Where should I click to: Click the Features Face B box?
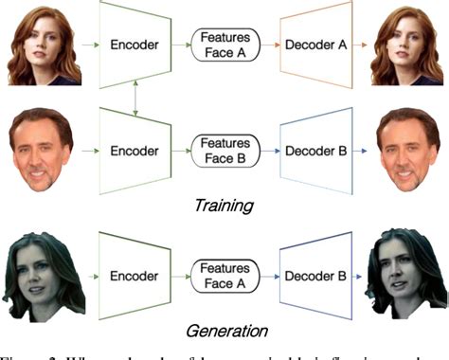224,150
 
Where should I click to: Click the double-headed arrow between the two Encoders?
136,96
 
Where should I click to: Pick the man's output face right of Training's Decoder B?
409,149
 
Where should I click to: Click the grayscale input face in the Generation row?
44,277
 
